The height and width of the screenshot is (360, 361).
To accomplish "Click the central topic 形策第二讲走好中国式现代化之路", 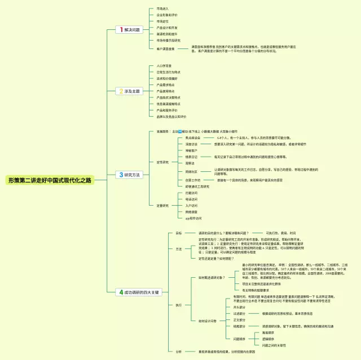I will [x=50, y=180].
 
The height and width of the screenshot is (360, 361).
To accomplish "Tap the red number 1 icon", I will [x=121, y=29].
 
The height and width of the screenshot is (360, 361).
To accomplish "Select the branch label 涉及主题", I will [x=133, y=91].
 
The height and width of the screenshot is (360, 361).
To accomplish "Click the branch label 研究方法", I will [x=133, y=175].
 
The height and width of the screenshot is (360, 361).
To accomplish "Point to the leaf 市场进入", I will [x=162, y=9].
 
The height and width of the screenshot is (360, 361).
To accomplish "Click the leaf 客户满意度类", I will [x=165, y=49].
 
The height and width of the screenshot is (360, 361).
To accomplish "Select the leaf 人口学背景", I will [x=164, y=66].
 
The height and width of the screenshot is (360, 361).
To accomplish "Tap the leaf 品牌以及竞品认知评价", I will [x=171, y=117].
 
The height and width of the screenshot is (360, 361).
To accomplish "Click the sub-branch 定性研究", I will [x=162, y=162].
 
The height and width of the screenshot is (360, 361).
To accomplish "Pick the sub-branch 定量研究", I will [x=162, y=205].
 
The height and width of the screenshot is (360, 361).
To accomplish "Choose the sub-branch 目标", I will [x=178, y=233].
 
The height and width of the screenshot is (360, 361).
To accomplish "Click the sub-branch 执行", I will [x=178, y=305].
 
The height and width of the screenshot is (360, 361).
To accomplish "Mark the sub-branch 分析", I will [x=178, y=352].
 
